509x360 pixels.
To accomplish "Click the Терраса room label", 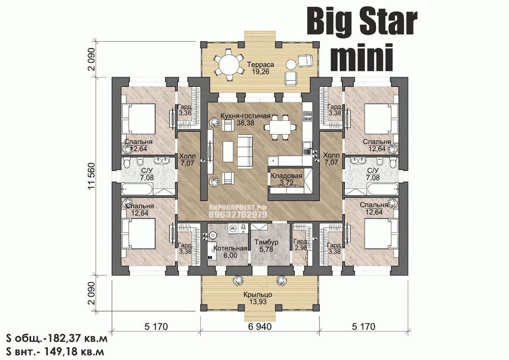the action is (x=260, y=64).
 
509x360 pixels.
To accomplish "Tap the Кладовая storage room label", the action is (x=287, y=176).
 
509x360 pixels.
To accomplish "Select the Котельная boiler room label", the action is (x=230, y=248).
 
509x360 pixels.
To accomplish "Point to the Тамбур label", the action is (x=266, y=243).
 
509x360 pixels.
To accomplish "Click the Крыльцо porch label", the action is (x=258, y=295).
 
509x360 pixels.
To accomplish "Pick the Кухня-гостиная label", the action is (x=246, y=116).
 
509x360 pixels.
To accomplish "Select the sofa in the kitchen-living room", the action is (x=245, y=151).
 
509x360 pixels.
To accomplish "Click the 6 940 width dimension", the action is (x=260, y=327).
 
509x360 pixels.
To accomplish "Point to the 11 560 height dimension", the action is (x=92, y=176).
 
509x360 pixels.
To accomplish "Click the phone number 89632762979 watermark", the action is (x=238, y=215).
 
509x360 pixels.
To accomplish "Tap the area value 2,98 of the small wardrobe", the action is (x=301, y=248).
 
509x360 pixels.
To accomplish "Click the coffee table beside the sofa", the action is (x=228, y=151).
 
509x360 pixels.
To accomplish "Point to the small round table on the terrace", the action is (x=291, y=64).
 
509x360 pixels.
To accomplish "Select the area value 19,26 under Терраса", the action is (x=260, y=72).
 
